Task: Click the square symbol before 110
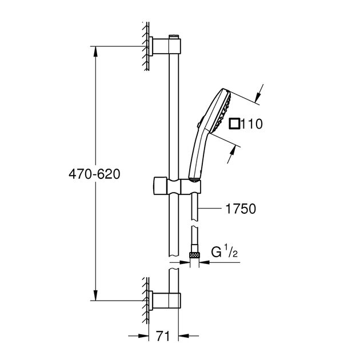point(234,123)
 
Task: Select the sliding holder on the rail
point(177,186)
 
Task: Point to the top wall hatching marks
point(145,45)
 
